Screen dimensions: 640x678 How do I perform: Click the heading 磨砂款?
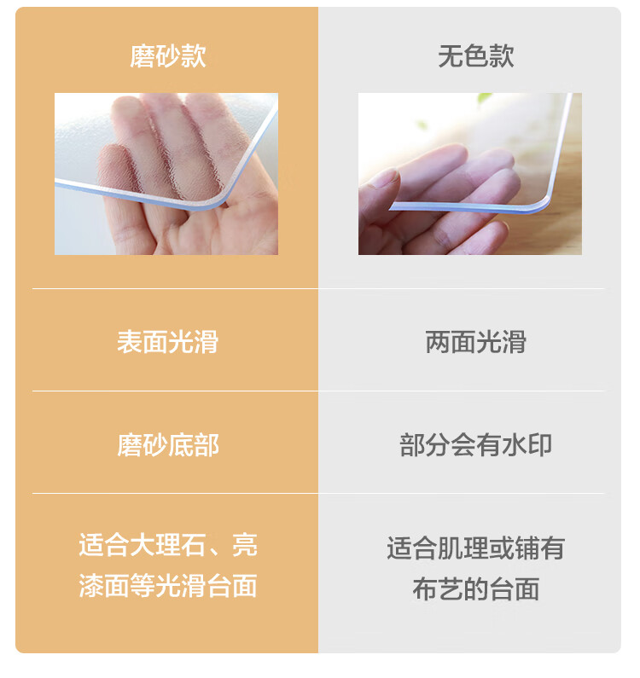click(x=168, y=56)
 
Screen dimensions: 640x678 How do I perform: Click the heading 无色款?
click(x=476, y=56)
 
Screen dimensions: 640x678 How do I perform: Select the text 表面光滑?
click(x=168, y=342)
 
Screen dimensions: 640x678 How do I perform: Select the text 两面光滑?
click(x=476, y=342)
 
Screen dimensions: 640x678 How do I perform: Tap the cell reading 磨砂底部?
click(x=168, y=445)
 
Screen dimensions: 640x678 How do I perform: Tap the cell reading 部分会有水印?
click(x=476, y=445)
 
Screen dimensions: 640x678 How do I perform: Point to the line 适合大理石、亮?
click(x=168, y=545)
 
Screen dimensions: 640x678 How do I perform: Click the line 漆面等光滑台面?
click(x=168, y=586)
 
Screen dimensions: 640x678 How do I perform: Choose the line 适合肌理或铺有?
click(x=476, y=548)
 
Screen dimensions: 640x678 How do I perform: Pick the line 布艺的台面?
click(x=476, y=589)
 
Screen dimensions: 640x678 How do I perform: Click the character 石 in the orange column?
click(x=194, y=545)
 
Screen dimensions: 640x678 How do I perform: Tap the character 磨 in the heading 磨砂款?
click(x=143, y=56)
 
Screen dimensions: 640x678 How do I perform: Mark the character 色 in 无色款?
click(x=476, y=56)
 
